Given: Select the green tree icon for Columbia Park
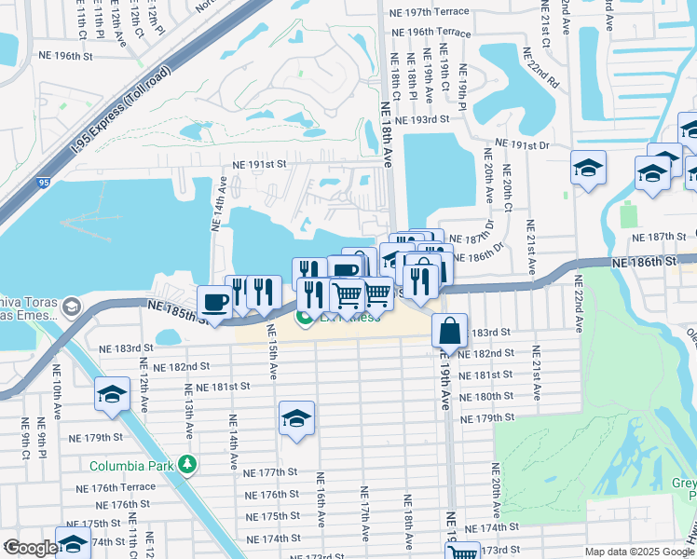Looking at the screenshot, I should (188, 464).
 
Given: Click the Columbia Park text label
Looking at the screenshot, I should (132, 466).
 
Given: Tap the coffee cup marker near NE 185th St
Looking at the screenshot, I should (215, 303).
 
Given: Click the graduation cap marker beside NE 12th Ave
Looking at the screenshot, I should (112, 394).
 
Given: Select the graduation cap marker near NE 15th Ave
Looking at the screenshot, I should (296, 418).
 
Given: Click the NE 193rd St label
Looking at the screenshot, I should (422, 119).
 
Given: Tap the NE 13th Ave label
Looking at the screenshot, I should (189, 411).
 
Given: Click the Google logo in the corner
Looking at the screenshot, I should (30, 548).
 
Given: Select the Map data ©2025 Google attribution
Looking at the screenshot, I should (638, 552).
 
